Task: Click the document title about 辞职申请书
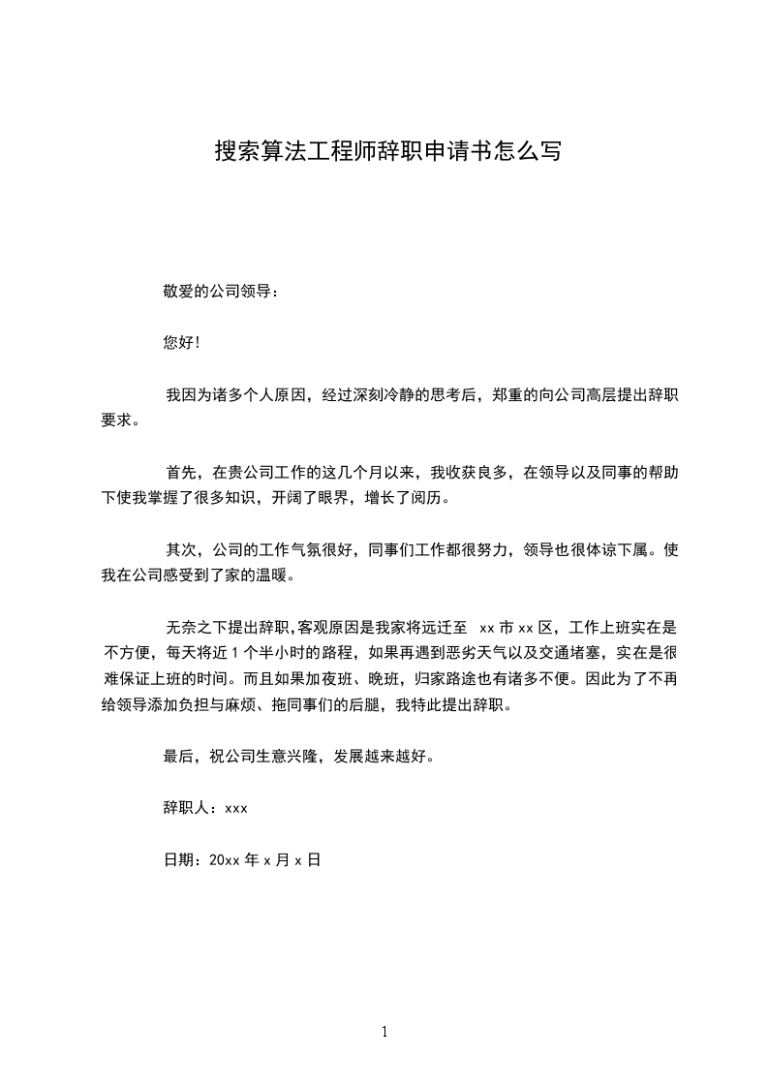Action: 386,152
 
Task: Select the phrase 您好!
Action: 182,343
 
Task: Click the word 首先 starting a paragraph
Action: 181,473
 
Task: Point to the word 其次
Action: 181,551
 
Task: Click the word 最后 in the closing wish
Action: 180,756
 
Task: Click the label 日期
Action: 179,859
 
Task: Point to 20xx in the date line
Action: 224,859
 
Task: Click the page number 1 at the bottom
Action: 384,1033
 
